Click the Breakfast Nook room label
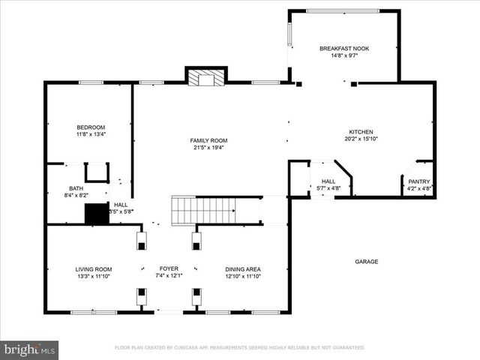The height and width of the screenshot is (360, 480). point(344,49)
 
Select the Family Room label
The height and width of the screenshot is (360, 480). point(208,140)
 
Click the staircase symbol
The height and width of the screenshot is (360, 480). point(205,211)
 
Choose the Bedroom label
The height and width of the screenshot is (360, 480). point(91,127)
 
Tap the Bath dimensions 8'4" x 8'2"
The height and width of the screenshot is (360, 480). point(76,196)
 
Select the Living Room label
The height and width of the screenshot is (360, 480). point(93,268)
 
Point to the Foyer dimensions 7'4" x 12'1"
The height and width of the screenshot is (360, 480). point(169,276)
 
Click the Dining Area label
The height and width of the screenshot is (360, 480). point(244,268)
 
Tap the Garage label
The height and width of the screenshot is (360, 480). point(367,262)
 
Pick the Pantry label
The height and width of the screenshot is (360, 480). point(418,181)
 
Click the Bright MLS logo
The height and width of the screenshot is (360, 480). point(29,349)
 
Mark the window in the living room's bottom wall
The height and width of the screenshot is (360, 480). point(94,312)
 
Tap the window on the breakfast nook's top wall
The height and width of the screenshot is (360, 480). point(342,10)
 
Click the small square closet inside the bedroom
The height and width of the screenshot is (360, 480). point(96,172)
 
